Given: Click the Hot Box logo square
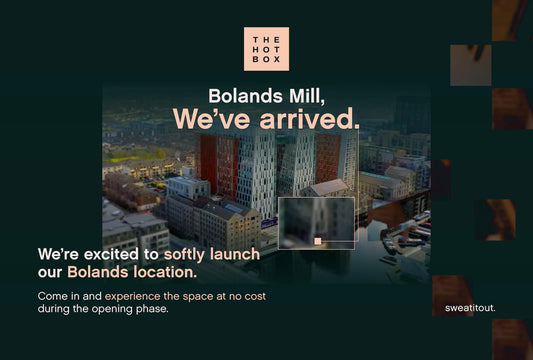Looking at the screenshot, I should click(266, 49).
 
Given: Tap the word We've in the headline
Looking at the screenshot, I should click(205, 119).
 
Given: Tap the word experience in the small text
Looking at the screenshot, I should click(139, 297).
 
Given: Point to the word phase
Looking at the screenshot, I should click(153, 309).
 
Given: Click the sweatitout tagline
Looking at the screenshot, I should click(470, 307).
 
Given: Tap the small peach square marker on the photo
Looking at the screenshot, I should click(318, 241).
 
